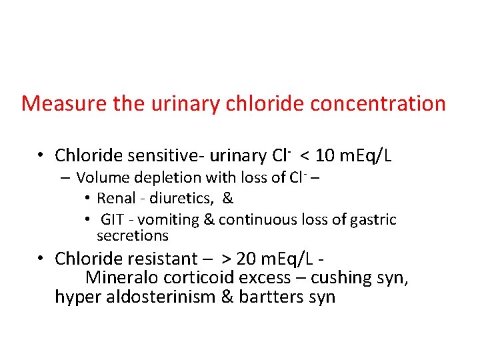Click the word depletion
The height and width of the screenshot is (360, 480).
[x=159, y=178]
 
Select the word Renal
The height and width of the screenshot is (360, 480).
[x=116, y=198]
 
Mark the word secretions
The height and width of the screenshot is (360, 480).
[x=133, y=236]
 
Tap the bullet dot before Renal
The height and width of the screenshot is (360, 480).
[x=88, y=198]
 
